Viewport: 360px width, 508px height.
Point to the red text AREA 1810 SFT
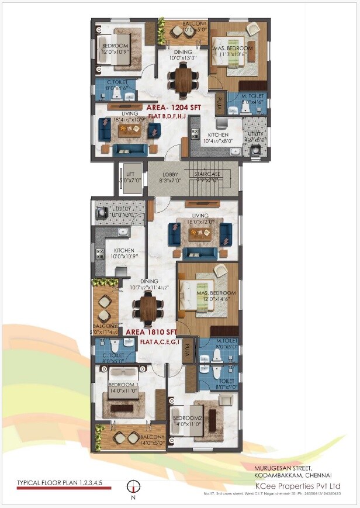click(x=152, y=331)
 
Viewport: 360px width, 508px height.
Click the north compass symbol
click(x=133, y=486)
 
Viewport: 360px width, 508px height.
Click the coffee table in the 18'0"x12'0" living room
click(x=199, y=234)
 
